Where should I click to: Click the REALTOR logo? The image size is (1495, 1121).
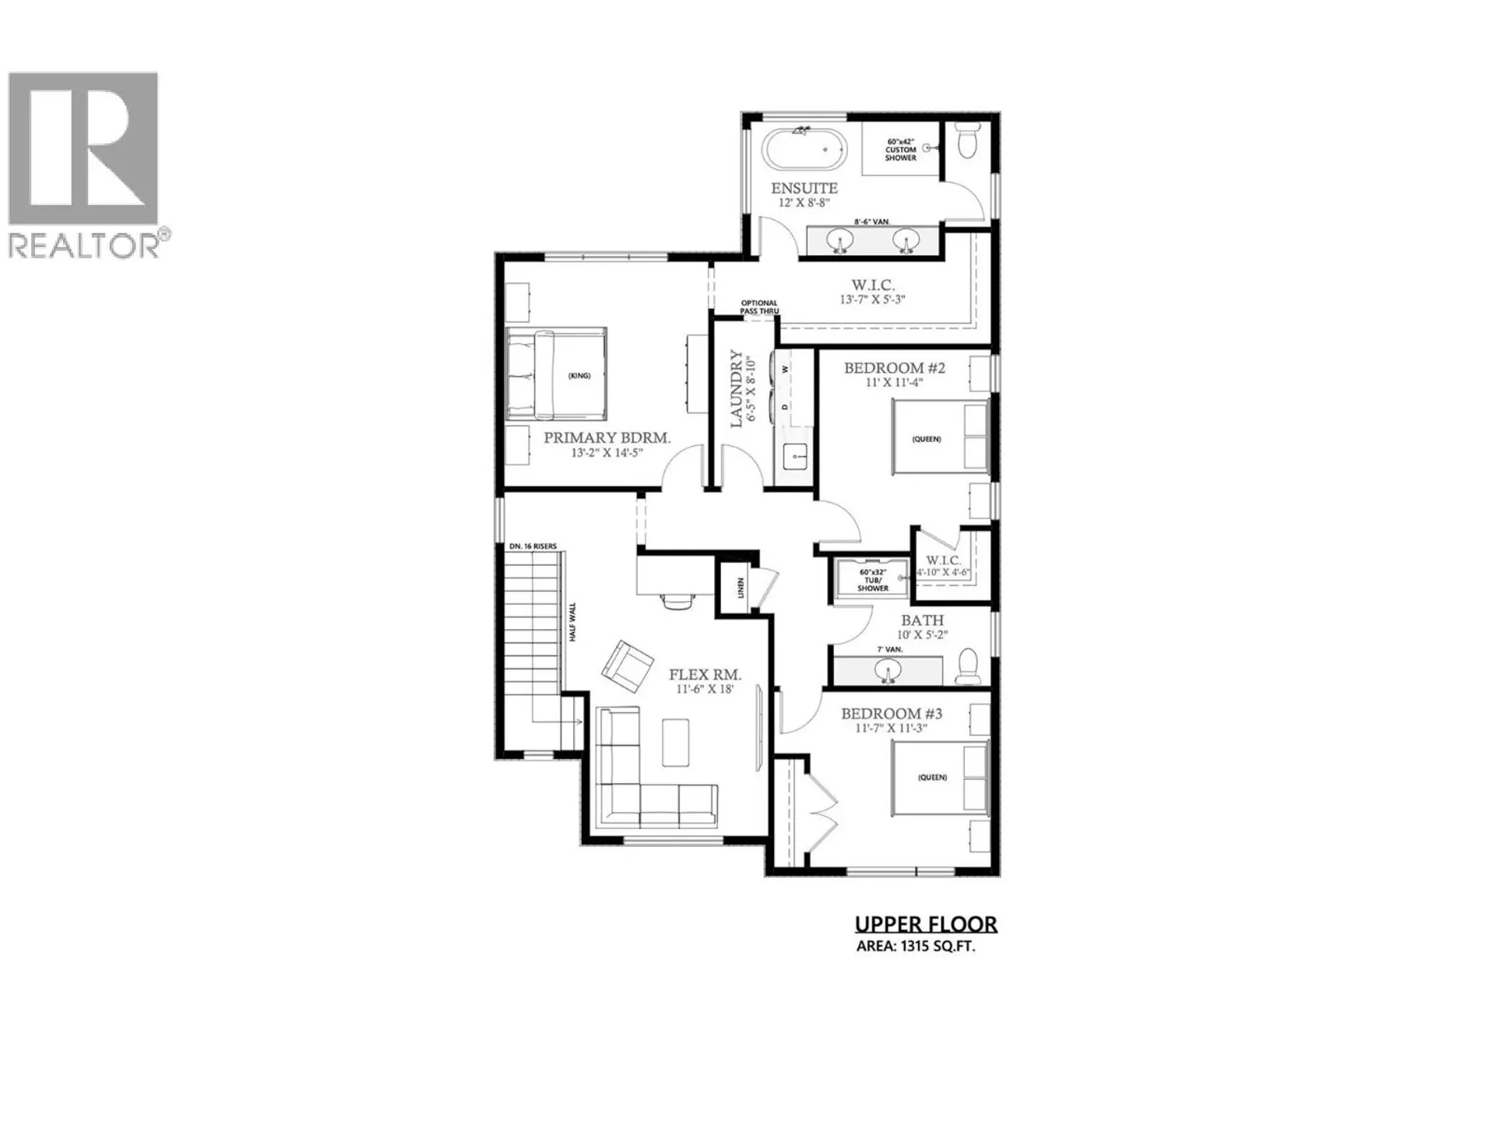click(x=83, y=164)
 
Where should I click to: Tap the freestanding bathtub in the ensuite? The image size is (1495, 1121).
click(x=804, y=149)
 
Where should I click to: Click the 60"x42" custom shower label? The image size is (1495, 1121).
click(x=900, y=150)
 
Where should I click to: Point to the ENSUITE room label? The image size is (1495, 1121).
click(x=804, y=188)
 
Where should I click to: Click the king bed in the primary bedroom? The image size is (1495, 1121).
click(x=556, y=374)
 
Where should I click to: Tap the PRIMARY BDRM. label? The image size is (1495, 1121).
click(x=607, y=438)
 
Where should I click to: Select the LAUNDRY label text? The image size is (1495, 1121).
click(x=736, y=388)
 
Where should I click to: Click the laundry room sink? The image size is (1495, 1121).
click(x=794, y=452)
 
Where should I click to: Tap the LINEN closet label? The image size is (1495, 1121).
click(x=740, y=588)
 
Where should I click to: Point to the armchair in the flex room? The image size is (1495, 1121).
click(x=628, y=666)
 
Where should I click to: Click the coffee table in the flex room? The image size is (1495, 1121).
click(x=675, y=742)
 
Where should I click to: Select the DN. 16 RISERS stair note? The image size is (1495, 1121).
click(x=533, y=546)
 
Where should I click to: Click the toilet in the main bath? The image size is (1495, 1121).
click(x=968, y=667)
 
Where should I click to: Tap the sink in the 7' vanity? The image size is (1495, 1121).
click(x=887, y=669)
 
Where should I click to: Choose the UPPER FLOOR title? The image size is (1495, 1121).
click(x=926, y=924)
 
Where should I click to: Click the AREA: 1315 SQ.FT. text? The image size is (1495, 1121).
click(x=916, y=947)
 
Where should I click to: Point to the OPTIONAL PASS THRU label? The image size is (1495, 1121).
click(x=759, y=307)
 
